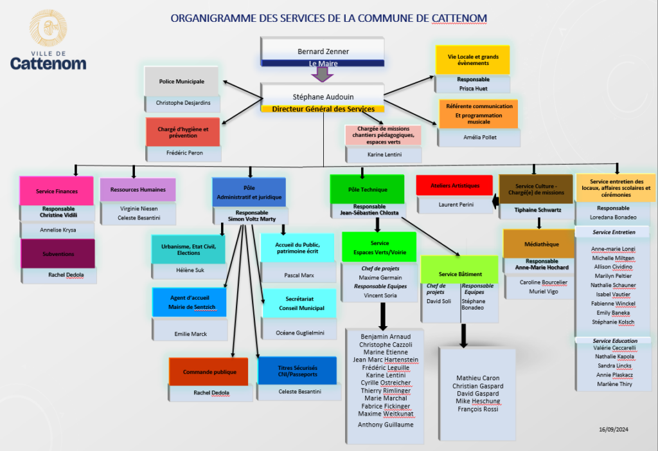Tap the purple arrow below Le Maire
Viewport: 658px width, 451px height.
click(x=322, y=74)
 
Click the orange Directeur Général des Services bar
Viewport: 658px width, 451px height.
click(x=323, y=109)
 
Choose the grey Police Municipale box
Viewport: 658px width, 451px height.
click(x=182, y=82)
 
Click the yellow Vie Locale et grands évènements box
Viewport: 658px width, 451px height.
click(x=472, y=60)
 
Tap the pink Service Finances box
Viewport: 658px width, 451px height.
click(x=57, y=191)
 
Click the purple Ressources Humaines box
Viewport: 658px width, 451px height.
click(x=138, y=190)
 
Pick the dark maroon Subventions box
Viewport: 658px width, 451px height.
click(x=58, y=253)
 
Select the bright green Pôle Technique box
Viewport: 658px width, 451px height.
click(x=367, y=190)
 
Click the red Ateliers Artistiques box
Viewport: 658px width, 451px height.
click(x=456, y=186)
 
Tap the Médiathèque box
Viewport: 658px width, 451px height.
click(x=538, y=244)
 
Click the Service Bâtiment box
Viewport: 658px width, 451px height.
click(x=460, y=274)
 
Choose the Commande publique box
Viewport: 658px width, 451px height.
click(x=209, y=372)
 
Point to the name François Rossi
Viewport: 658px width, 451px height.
click(x=477, y=409)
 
